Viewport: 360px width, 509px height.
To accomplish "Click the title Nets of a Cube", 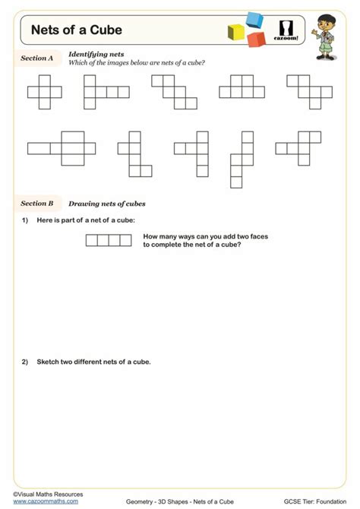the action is [76, 30].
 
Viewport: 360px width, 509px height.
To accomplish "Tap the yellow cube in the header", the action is [236, 33].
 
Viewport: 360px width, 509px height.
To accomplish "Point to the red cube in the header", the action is [256, 39].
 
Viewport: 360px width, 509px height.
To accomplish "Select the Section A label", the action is [36, 58].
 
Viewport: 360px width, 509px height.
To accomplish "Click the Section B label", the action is [36, 204].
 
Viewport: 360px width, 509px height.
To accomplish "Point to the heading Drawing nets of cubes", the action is [106, 204].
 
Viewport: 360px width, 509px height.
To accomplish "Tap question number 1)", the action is [25, 220].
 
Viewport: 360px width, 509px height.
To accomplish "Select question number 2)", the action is [25, 362].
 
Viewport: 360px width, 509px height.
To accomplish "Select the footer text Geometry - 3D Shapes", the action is [156, 501].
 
